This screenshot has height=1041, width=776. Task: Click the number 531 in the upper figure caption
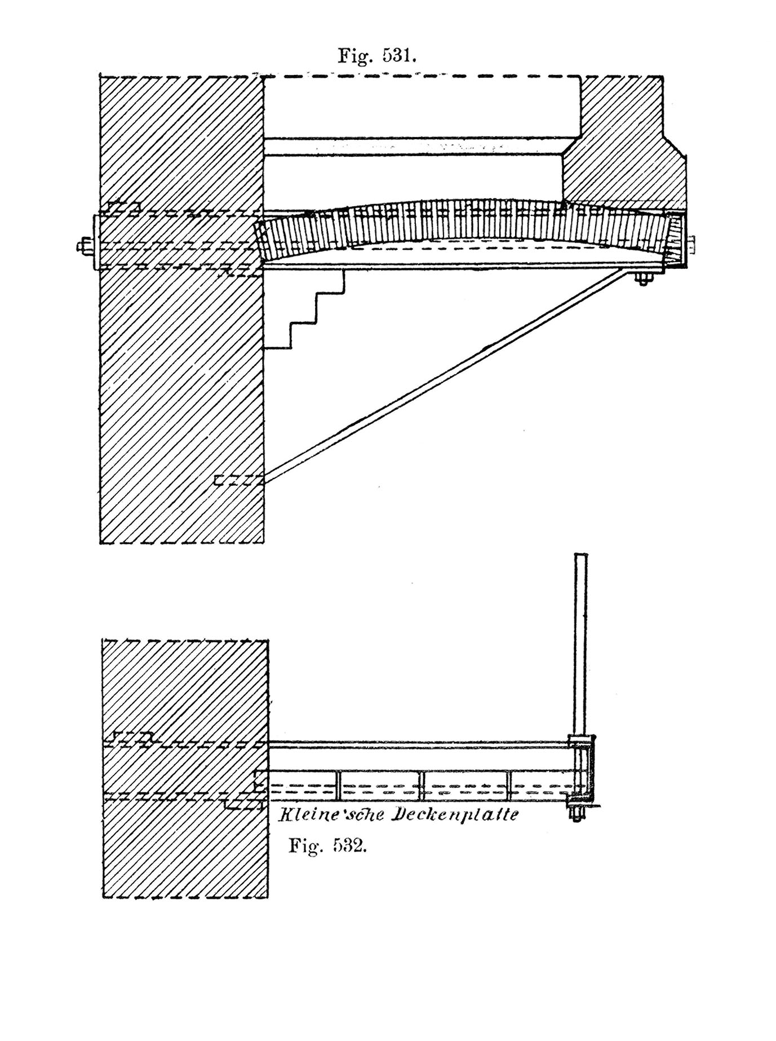pyautogui.click(x=399, y=56)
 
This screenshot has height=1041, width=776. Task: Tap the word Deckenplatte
pyautogui.click(x=456, y=815)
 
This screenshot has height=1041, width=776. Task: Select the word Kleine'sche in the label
pyautogui.click(x=332, y=815)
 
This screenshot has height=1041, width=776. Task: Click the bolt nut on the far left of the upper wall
pyautogui.click(x=84, y=246)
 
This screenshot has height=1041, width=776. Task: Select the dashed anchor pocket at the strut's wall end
pyautogui.click(x=239, y=480)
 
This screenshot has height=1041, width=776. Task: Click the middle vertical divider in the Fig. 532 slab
pyautogui.click(x=422, y=785)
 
